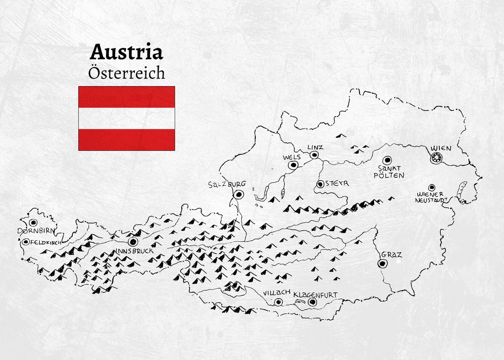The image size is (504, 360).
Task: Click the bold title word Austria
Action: point(126,53)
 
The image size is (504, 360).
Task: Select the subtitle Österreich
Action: point(126,73)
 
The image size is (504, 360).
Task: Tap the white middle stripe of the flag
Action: point(126,118)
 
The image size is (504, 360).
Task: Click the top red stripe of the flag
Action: point(126,97)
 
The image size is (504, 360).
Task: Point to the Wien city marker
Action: point(437,158)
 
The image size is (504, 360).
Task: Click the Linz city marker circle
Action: point(314,155)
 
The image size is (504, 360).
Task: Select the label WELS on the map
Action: point(292,157)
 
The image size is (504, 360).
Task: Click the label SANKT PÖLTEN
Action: point(388,172)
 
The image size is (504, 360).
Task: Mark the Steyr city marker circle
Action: point(320,184)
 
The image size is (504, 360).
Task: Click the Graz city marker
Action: point(382,263)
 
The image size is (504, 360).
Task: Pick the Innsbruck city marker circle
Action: point(133,242)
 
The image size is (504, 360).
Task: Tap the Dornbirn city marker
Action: point(33,223)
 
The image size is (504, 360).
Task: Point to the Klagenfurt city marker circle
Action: point(312,302)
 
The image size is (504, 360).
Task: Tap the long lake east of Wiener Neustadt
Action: point(462,191)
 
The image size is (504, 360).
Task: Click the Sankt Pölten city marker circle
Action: point(387,160)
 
